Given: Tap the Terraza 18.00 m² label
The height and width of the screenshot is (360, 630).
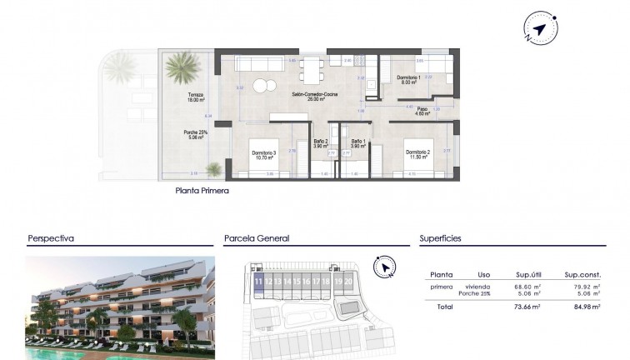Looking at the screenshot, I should (196, 97).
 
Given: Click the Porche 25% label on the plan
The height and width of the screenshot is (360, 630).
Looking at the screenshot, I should (196, 134).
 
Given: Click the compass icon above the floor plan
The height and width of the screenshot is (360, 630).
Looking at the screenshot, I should (539, 30).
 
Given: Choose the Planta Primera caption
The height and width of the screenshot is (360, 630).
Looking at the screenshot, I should (202, 191).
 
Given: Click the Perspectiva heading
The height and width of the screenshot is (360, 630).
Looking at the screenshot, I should (51, 238).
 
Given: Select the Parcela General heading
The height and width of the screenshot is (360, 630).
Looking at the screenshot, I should (257, 238).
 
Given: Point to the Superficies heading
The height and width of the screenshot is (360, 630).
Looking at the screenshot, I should (441, 238).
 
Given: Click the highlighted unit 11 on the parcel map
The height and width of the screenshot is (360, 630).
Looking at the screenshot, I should (258, 282).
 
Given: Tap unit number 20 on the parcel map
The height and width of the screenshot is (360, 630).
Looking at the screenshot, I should (347, 282).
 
